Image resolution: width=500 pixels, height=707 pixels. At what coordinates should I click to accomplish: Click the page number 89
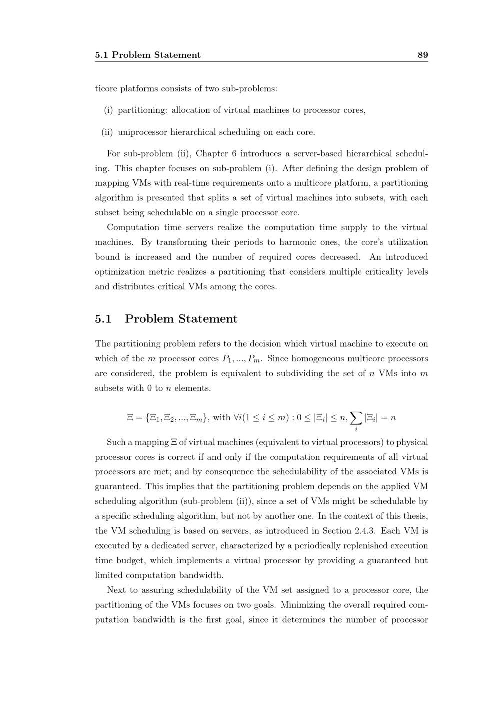[x=423, y=55]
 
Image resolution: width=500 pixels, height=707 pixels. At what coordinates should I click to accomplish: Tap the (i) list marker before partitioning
[x=108, y=110]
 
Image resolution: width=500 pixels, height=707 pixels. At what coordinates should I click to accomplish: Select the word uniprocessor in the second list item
[x=142, y=132]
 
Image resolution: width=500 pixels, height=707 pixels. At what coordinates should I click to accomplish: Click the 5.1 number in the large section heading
[x=103, y=319]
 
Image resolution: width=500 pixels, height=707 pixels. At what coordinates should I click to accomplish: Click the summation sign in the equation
[x=356, y=417]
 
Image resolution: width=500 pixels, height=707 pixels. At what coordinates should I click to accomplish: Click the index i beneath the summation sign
[x=356, y=429]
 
